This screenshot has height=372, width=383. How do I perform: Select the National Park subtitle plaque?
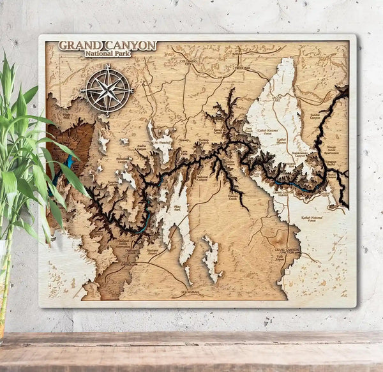[107, 55]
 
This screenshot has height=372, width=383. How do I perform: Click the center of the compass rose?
[107, 90]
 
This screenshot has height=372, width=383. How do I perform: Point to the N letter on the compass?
[107, 67]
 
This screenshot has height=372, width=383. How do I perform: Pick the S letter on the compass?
[107, 113]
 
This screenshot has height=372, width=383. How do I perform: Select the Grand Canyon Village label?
[285, 191]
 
